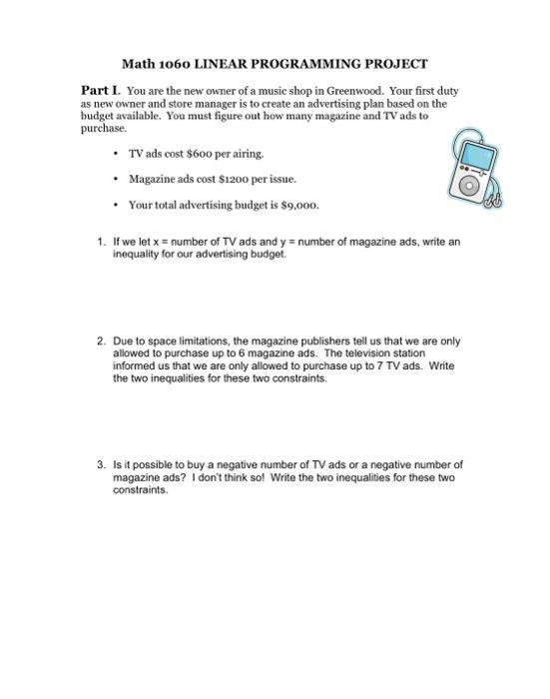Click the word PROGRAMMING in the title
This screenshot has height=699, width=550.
(292, 62)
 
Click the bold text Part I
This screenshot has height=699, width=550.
(100, 90)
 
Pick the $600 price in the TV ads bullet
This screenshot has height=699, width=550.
(199, 153)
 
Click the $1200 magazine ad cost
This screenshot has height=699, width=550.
(241, 179)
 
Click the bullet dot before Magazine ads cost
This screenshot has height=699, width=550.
(118, 179)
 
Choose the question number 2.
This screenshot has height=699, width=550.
(100, 341)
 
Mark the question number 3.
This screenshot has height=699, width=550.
(100, 464)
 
